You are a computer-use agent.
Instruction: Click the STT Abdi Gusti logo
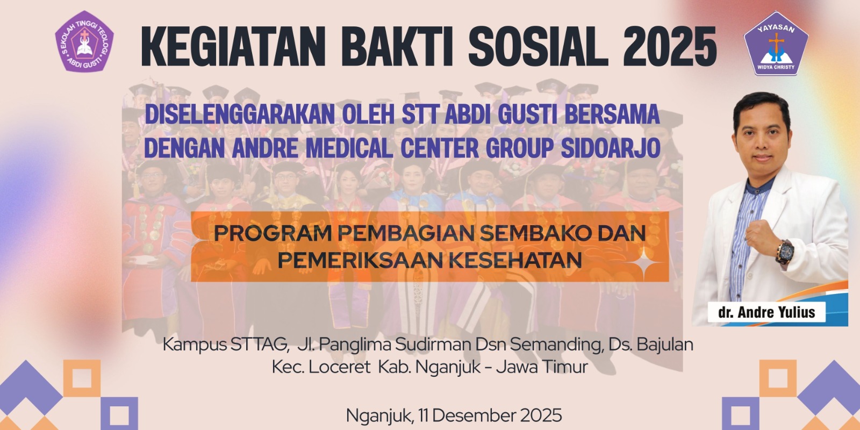pyautogui.click(x=84, y=41)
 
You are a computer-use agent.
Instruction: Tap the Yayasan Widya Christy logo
pyautogui.click(x=776, y=44)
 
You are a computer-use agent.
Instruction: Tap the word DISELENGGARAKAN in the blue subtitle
pyautogui.click(x=239, y=114)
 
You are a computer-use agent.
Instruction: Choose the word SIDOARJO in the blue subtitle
pyautogui.click(x=611, y=148)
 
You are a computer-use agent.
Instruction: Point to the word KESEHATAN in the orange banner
pyautogui.click(x=515, y=260)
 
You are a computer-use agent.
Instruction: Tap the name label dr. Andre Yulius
pyautogui.click(x=766, y=312)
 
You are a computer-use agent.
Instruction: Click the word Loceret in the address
pyautogui.click(x=339, y=367)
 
